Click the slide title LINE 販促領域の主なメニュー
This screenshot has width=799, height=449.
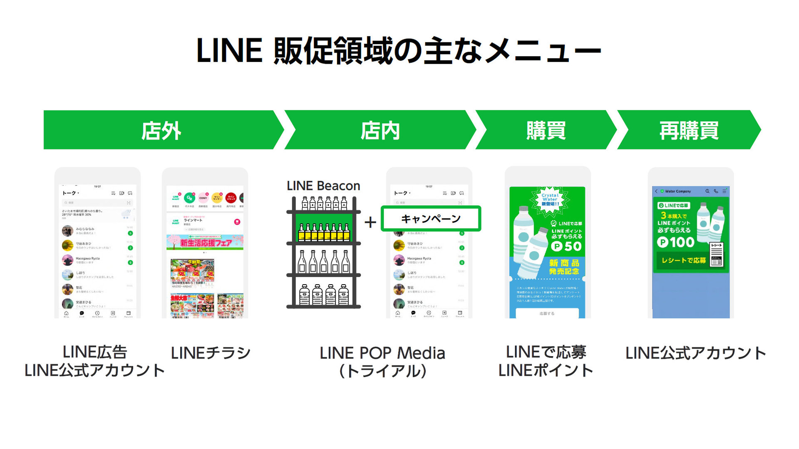pyautogui.click(x=399, y=51)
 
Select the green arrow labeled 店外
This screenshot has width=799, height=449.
pyautogui.click(x=161, y=130)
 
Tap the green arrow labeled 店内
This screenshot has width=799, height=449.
pyautogui.click(x=380, y=130)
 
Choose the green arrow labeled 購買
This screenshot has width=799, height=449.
pyautogui.click(x=546, y=130)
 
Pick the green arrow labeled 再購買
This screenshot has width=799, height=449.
pyautogui.click(x=689, y=130)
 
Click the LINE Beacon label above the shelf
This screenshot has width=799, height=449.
pyautogui.click(x=323, y=186)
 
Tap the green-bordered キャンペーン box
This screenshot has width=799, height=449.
pyautogui.click(x=431, y=218)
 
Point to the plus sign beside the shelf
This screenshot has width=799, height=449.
pyautogui.click(x=370, y=222)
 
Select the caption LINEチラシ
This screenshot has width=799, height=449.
pyautogui.click(x=211, y=353)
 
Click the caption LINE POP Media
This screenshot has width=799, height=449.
pyautogui.click(x=382, y=353)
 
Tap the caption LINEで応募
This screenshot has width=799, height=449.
pyautogui.click(x=546, y=352)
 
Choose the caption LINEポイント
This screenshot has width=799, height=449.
pyautogui.click(x=546, y=370)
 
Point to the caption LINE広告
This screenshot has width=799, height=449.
pyautogui.click(x=94, y=352)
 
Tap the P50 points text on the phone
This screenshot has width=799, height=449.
pyautogui.click(x=566, y=246)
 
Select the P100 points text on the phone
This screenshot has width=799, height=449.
pyautogui.click(x=676, y=242)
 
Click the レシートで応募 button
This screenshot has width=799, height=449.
pyautogui.click(x=683, y=260)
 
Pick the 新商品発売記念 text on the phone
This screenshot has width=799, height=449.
pyautogui.click(x=564, y=267)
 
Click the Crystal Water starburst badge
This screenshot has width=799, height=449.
pyautogui.click(x=550, y=199)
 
